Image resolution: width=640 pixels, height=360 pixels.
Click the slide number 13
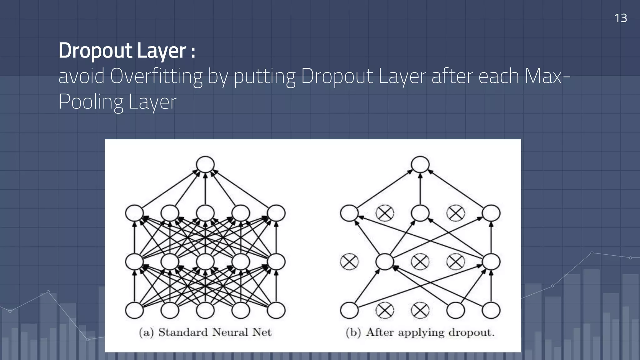[x=620, y=18]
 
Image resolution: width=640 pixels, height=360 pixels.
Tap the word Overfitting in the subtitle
[x=156, y=76]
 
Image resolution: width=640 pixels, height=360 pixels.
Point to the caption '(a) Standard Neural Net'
[x=205, y=332]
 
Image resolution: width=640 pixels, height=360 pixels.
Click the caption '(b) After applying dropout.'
[x=420, y=332]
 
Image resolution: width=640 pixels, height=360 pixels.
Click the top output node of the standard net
[x=205, y=164]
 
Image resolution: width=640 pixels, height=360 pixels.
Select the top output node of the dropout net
[x=420, y=164]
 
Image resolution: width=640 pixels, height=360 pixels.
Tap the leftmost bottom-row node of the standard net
[x=134, y=310]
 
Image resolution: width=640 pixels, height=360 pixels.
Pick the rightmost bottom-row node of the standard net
[x=276, y=310]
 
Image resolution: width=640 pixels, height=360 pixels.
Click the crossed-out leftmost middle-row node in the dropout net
[x=349, y=262]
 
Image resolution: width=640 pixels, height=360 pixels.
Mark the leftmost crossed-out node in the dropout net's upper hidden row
[x=385, y=213]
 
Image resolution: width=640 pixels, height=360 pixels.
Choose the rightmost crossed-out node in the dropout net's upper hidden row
[x=456, y=213]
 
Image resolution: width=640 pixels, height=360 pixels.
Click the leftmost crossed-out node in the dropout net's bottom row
[x=385, y=310]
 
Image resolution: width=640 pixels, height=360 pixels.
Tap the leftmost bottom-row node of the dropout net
[x=349, y=310]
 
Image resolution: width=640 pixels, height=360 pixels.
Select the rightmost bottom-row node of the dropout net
[x=491, y=310]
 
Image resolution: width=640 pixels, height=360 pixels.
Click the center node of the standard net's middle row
[x=205, y=262]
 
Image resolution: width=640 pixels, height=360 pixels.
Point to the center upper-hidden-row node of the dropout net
[x=420, y=213]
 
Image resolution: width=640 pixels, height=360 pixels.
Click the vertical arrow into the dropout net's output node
[x=420, y=189]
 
